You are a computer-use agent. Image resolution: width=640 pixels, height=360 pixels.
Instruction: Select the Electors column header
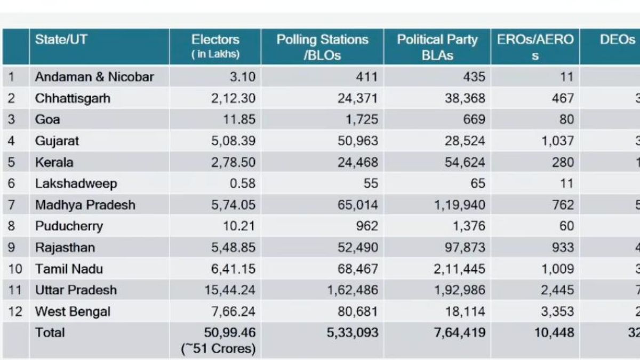pos(215,46)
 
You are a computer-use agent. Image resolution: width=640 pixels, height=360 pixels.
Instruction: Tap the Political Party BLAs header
pos(437,47)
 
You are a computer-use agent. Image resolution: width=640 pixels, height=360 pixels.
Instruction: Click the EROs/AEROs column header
pos(535,47)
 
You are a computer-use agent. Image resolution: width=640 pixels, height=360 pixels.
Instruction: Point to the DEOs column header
pos(617,39)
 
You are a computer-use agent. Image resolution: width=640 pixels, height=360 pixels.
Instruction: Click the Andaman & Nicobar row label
pos(94,77)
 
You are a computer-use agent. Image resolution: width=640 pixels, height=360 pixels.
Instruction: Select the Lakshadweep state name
pos(76,183)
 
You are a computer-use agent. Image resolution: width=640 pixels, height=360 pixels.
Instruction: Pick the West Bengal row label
pos(73,311)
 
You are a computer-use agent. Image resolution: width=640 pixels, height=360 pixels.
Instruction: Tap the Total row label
pos(50,333)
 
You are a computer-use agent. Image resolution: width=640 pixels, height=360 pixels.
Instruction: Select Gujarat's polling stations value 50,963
pos(357,141)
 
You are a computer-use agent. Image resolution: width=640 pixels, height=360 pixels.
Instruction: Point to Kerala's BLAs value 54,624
pos(465,162)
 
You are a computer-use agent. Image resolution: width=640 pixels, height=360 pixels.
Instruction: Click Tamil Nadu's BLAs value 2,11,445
pos(459,269)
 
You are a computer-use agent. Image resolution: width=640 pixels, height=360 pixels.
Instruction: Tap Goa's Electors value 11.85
pos(239,119)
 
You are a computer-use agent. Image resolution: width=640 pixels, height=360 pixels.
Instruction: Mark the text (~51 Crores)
pos(218,349)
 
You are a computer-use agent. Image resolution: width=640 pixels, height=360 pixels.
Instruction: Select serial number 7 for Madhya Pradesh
pos(12,205)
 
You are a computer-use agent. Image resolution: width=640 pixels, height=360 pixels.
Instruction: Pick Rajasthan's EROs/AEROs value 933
pos(563,247)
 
